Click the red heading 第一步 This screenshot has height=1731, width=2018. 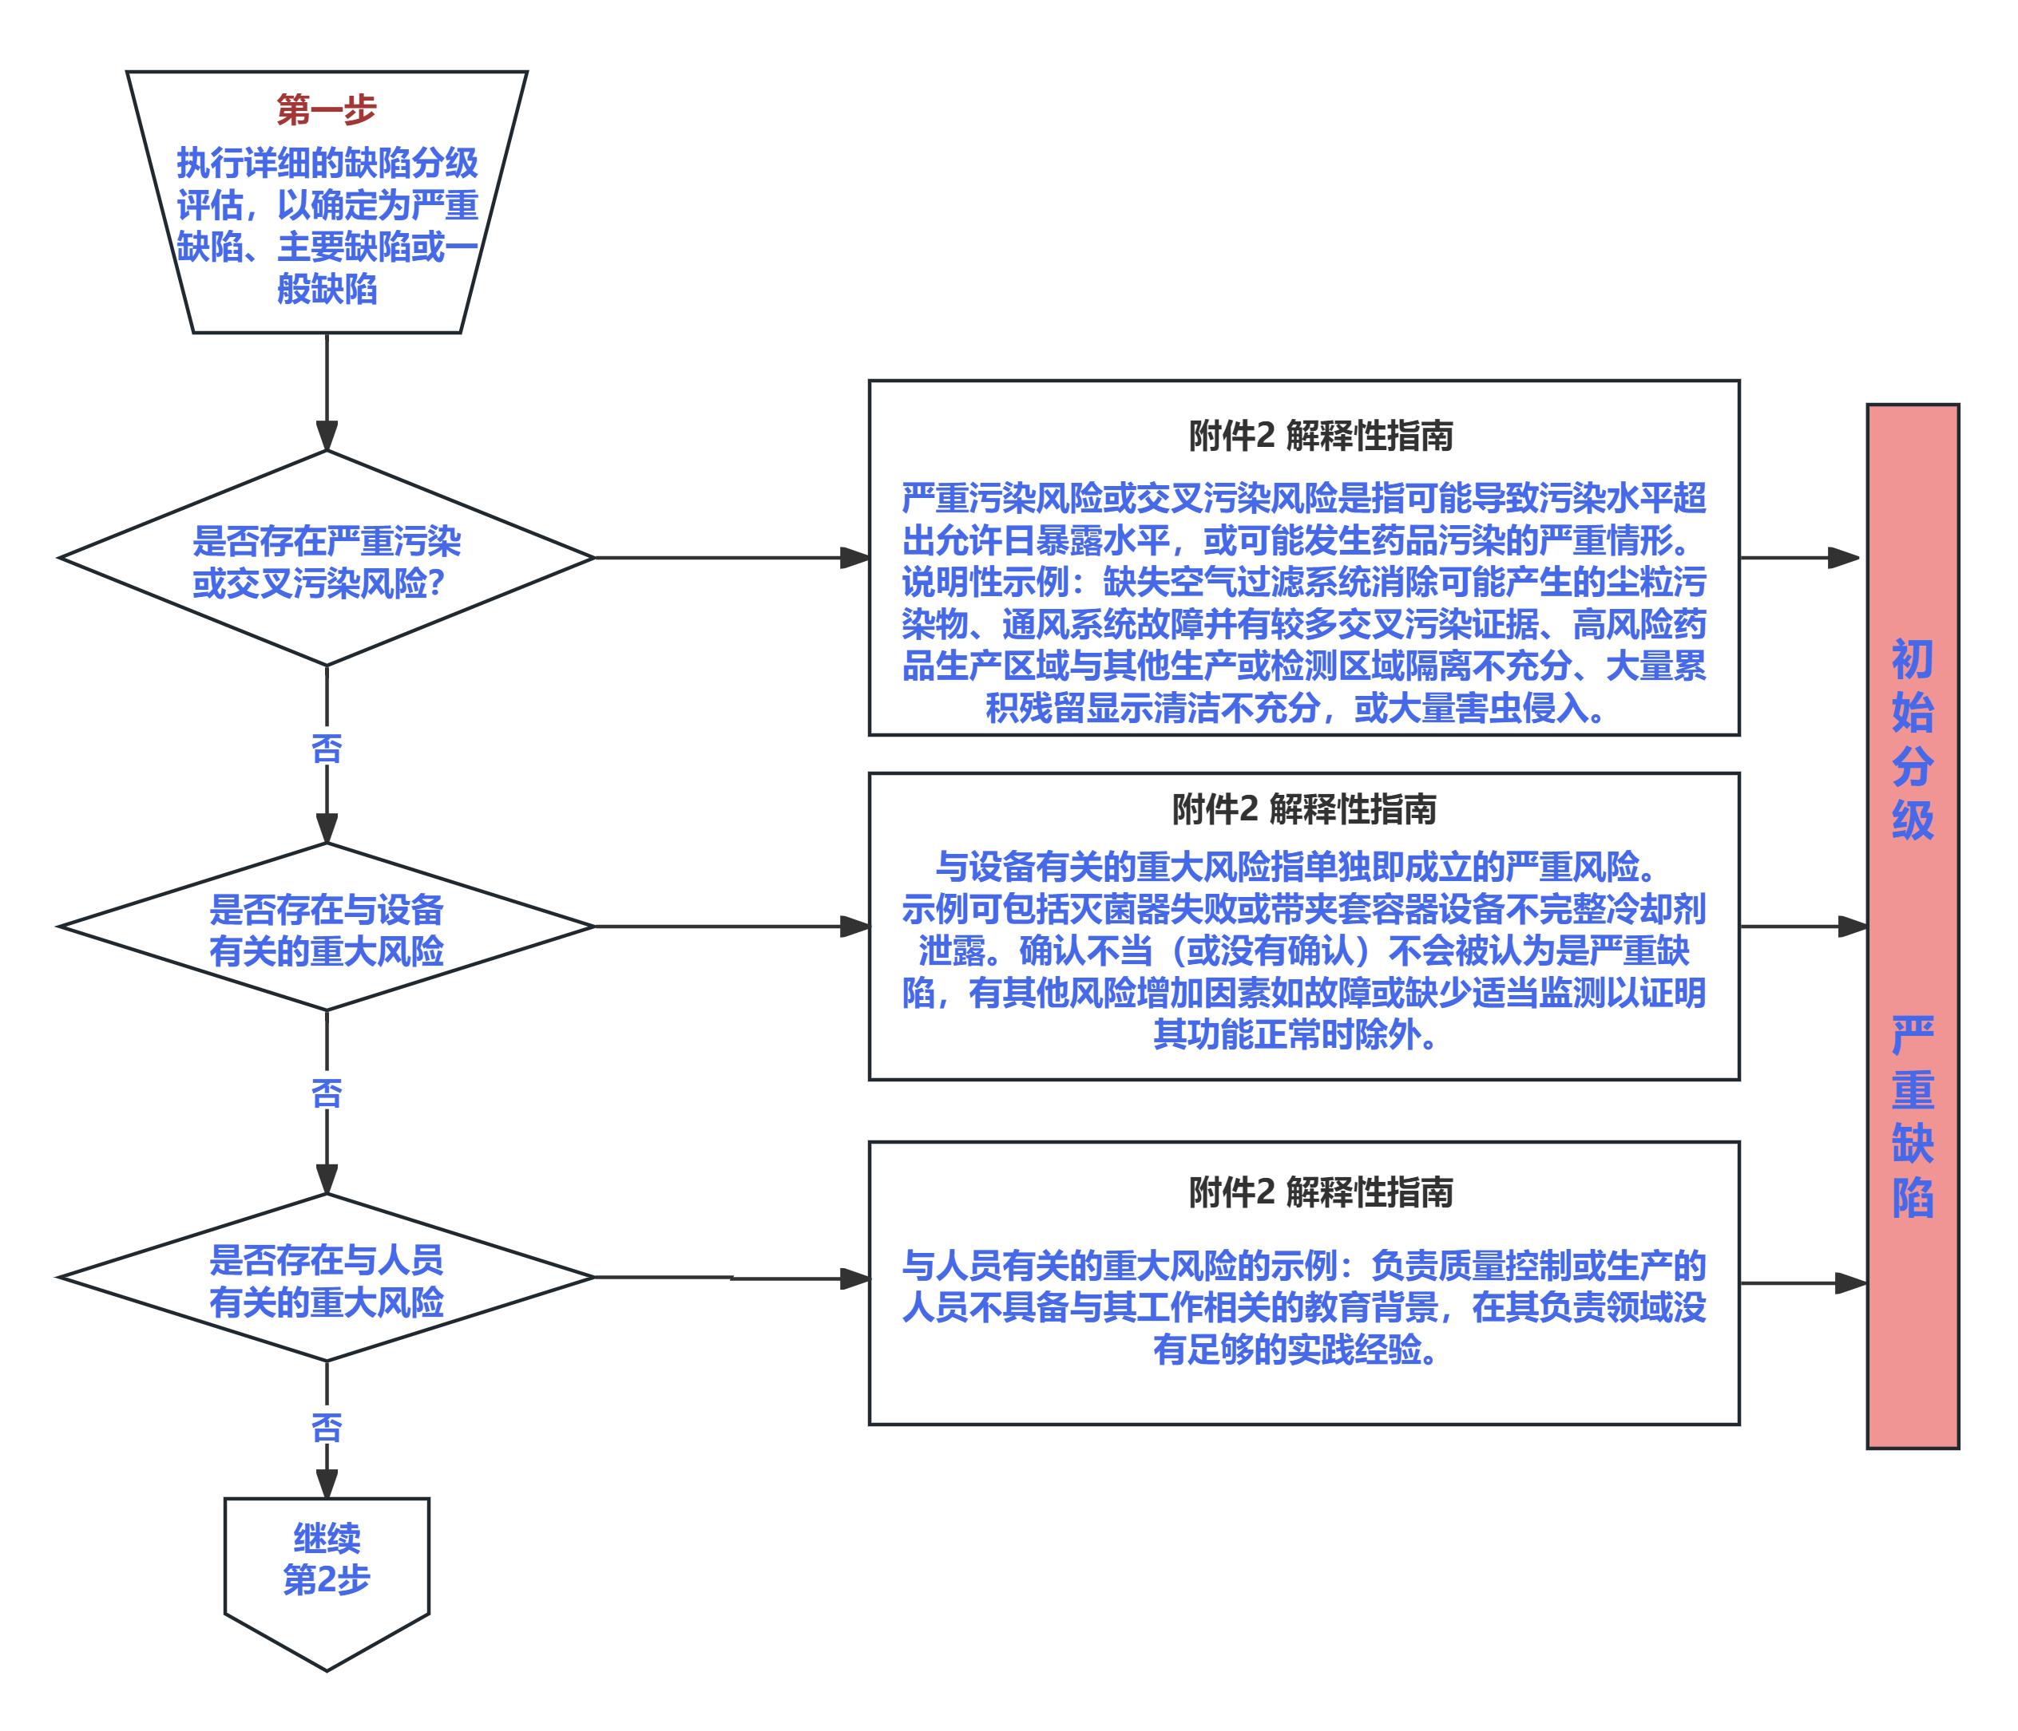327,110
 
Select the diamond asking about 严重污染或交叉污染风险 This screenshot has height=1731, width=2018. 327,562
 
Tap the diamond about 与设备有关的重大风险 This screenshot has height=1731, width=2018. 327,930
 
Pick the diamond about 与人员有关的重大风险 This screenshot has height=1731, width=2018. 327,1280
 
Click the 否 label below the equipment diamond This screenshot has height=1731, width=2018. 327,1093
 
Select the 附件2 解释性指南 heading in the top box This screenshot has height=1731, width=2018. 1320,437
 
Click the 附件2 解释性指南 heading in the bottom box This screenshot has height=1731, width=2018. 1320,1192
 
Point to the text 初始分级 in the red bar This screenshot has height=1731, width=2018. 1912,740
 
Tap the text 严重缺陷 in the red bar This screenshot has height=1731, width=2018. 1912,1116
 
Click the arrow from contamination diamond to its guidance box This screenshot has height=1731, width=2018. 731,558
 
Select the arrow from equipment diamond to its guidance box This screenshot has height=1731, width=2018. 731,927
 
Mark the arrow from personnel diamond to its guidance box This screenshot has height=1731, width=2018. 731,1278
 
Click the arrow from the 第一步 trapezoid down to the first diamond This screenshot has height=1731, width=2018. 327,389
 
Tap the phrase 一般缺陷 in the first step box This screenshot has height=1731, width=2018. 327,289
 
